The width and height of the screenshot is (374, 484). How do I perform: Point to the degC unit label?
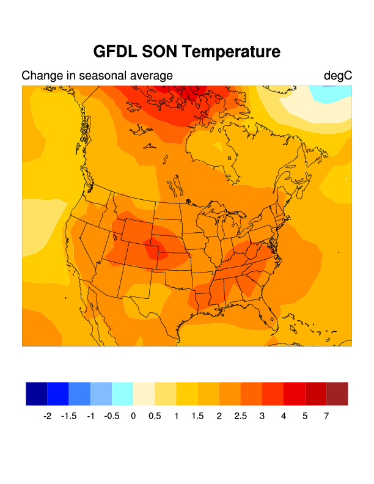point(337,76)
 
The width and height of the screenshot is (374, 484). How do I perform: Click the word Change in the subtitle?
point(42,76)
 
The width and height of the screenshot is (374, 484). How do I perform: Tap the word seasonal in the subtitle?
point(100,76)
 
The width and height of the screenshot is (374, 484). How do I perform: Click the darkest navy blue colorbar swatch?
point(37,394)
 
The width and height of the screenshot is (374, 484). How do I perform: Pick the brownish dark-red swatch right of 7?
point(337,394)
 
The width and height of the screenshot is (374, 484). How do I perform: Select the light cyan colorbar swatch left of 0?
point(122,394)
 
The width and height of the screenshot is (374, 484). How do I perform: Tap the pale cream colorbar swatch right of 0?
point(144,394)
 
